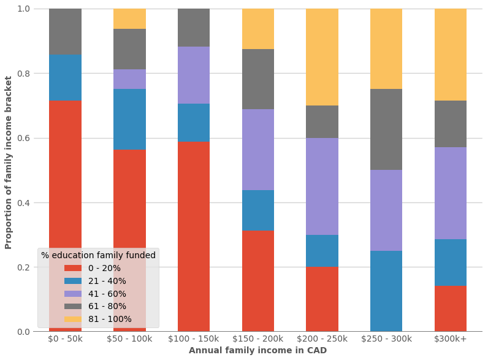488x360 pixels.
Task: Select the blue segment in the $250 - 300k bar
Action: point(386,291)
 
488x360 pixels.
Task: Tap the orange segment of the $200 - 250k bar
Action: point(322,57)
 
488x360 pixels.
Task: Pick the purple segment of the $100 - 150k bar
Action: point(194,75)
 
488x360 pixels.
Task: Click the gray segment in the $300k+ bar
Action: point(451,124)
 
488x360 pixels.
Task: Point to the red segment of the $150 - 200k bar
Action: point(258,280)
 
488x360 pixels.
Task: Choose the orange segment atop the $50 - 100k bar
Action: point(129,18)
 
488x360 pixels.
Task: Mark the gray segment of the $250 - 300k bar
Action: point(386,129)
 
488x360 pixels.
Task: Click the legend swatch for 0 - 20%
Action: point(73,269)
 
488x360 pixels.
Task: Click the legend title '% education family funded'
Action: point(98,255)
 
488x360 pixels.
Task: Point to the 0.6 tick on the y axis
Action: point(23,138)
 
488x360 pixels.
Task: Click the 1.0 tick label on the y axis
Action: point(23,9)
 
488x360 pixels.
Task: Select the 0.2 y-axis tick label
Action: point(23,267)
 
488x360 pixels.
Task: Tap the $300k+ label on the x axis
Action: point(451,339)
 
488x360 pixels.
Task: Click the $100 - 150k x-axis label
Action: point(194,339)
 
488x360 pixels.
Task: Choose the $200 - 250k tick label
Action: point(322,339)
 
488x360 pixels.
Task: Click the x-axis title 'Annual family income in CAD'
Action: point(257,351)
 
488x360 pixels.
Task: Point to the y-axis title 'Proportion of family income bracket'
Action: point(9,163)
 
